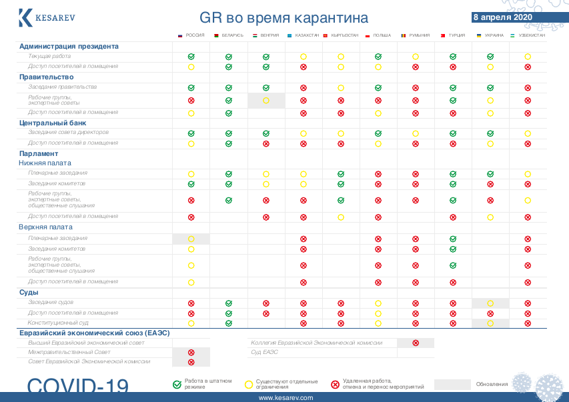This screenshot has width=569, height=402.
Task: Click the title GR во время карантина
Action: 283,18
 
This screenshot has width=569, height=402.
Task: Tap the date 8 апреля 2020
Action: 502,17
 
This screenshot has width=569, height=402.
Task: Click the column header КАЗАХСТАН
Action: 307,35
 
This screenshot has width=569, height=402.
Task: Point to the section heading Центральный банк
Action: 53,123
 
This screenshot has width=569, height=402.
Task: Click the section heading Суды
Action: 29,293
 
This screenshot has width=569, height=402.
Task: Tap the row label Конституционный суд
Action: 58,323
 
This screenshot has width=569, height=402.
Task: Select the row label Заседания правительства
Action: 62,87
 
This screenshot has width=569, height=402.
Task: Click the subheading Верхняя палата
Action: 45,227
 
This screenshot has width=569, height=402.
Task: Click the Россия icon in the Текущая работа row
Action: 191,57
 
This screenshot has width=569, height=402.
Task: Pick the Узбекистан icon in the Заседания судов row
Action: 528,303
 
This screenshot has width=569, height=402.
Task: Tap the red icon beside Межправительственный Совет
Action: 191,353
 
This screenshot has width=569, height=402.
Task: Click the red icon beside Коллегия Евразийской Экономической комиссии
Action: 416,343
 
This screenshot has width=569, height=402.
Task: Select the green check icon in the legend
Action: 177,384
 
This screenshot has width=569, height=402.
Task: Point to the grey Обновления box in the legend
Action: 452,385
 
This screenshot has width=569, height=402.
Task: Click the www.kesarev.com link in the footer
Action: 285,397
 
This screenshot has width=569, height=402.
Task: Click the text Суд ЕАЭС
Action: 264,352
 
